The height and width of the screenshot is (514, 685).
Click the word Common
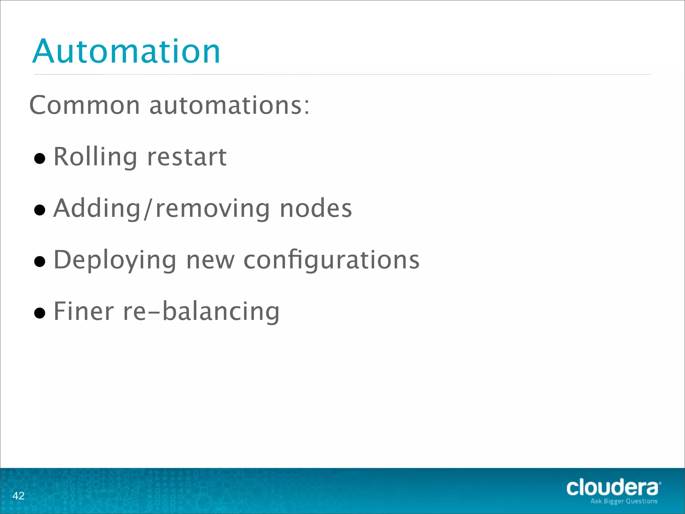85,105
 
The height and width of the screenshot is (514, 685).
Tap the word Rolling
95,157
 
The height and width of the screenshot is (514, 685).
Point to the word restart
187,157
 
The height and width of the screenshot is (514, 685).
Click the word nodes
316,208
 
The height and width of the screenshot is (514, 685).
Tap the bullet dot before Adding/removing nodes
40,210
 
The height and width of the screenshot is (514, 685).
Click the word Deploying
115,260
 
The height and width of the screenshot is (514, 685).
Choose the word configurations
331,260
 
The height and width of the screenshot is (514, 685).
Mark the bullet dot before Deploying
40,261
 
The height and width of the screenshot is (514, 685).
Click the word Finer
84,311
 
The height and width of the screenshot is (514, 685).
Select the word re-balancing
201,311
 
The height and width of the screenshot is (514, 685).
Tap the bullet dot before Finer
40,313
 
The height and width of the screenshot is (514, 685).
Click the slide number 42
18,496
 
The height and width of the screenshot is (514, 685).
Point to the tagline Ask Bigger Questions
624,501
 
